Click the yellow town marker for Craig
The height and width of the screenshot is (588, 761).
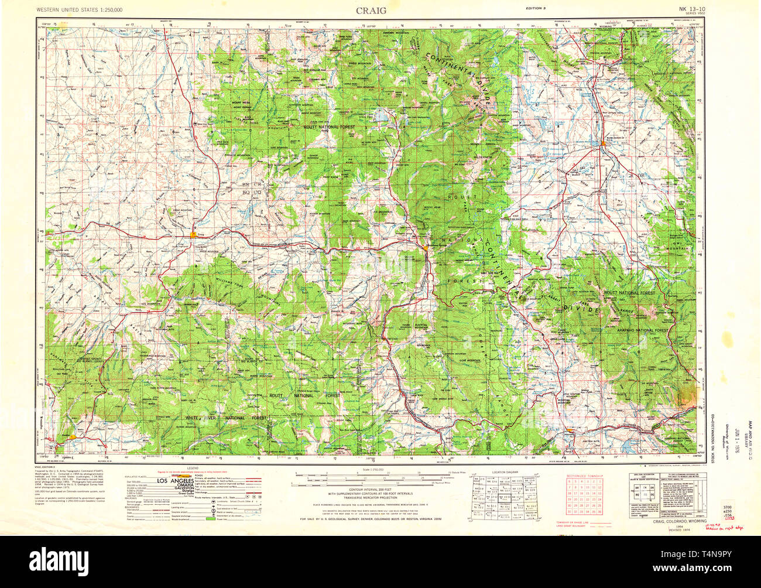(x=193, y=235)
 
